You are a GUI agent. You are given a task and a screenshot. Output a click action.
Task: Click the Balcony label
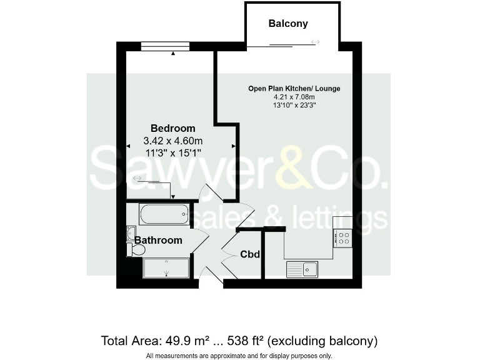coord(288,24)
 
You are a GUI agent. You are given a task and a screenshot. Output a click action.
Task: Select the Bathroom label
coord(159,240)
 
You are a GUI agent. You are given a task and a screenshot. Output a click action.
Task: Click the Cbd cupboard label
coord(250,254)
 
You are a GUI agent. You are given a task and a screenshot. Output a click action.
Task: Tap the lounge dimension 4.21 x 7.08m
coord(294,97)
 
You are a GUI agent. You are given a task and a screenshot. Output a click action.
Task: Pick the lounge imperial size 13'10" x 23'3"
coord(294,106)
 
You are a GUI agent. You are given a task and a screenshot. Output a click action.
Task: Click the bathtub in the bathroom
coord(164,214)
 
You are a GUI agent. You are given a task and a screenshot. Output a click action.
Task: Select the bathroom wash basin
coord(131,233)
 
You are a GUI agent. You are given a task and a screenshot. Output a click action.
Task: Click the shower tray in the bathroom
coord(166,267)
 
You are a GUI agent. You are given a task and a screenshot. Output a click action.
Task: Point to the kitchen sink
coord(302,269)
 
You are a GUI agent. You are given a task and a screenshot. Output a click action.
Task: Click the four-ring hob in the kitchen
coord(342,237)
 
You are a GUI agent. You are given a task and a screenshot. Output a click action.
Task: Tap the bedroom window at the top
coord(165,45)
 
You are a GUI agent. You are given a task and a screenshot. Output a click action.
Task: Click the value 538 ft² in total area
coord(245,341)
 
